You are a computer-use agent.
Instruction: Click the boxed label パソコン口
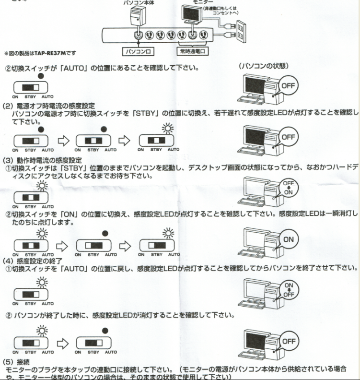pyautogui.click(x=137, y=50)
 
